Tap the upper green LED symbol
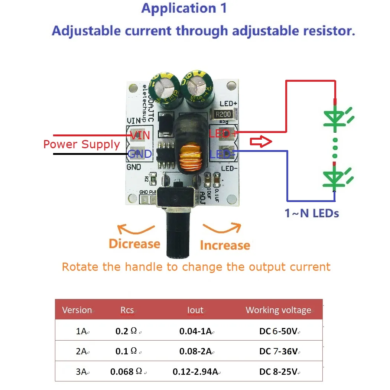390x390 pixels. (335, 118)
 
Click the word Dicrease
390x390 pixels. (134, 244)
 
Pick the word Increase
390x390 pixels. (225, 245)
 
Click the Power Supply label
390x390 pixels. (82, 144)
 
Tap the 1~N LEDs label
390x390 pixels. (312, 213)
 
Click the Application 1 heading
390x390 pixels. (184, 9)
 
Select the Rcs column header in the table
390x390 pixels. (127, 310)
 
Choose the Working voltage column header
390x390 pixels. (278, 310)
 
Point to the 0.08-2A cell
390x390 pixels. (195, 351)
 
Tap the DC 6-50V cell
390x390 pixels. (278, 331)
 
